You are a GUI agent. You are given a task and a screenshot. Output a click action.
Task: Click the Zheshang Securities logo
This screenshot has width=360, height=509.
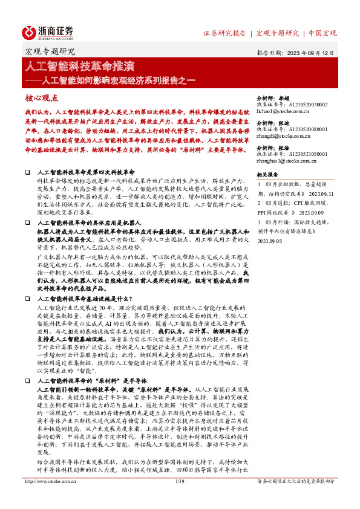tap(48, 32)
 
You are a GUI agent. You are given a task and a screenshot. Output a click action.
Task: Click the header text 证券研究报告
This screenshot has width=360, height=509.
tap(224, 33)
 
